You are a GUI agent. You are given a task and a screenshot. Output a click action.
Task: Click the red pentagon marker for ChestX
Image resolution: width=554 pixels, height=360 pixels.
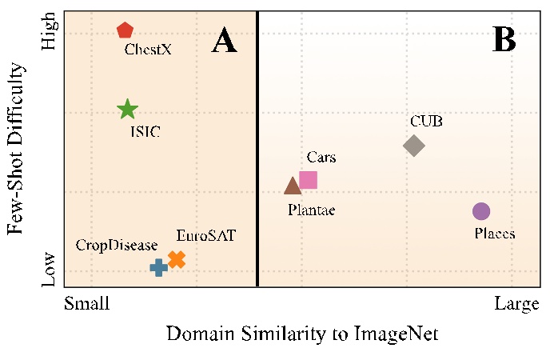click(x=125, y=30)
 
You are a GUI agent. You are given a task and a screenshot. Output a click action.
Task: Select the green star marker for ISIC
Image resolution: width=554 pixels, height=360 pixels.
click(x=127, y=110)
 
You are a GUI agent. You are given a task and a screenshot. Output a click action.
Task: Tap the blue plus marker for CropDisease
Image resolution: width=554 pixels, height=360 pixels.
click(x=158, y=267)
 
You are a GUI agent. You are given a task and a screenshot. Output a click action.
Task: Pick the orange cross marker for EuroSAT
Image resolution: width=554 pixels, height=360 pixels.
click(x=177, y=259)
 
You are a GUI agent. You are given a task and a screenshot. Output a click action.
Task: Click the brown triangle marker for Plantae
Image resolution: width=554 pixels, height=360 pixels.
click(x=293, y=186)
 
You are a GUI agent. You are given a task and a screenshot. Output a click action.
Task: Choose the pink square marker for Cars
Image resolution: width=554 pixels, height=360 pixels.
click(x=308, y=180)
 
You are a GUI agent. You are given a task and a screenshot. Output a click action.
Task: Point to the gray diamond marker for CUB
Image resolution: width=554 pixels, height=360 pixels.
click(x=413, y=146)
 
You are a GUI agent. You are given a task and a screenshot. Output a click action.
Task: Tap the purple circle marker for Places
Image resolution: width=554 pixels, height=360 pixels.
click(x=480, y=211)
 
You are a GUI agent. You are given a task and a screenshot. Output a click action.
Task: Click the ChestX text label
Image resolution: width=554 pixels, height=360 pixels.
click(x=148, y=50)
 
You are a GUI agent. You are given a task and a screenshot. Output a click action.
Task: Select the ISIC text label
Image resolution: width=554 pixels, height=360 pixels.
click(x=145, y=131)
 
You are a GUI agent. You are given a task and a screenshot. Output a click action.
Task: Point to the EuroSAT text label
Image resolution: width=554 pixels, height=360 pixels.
click(x=206, y=236)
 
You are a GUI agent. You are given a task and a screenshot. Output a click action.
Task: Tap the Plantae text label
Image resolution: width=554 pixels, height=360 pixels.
click(x=311, y=210)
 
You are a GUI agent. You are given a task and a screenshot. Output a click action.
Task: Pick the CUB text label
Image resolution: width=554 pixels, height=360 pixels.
click(x=426, y=122)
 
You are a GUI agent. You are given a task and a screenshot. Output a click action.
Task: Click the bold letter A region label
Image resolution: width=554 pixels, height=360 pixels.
click(x=225, y=40)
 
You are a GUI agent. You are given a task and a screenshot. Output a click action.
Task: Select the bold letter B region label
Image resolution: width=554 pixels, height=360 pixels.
click(x=504, y=38)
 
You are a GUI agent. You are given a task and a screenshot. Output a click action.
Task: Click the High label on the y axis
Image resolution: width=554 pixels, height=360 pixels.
click(x=50, y=34)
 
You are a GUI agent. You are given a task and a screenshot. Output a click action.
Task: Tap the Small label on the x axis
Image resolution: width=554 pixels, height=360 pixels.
click(x=86, y=305)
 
